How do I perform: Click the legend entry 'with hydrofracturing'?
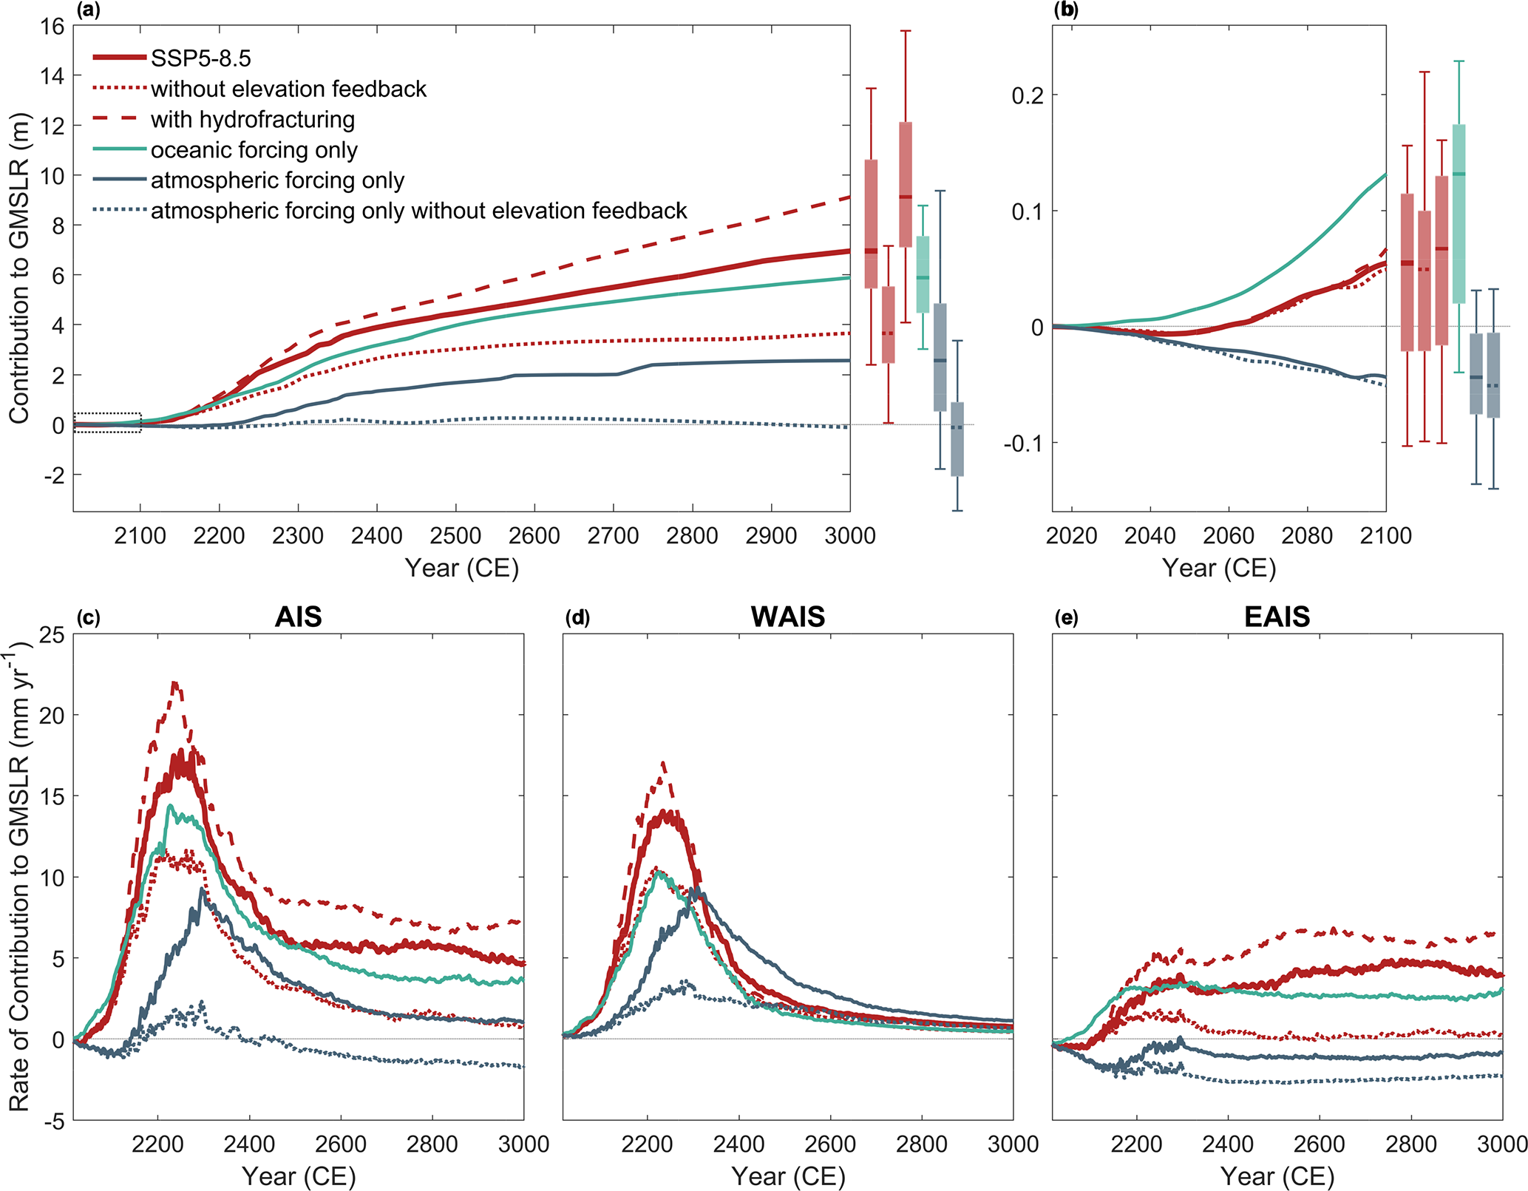[252, 119]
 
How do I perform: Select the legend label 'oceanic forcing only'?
[254, 150]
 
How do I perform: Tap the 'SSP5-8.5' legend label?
[200, 58]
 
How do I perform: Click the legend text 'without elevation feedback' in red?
[288, 89]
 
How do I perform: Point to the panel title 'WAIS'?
[787, 617]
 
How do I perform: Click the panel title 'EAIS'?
[1277, 617]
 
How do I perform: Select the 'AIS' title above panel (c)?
[298, 617]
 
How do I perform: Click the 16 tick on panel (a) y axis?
[52, 27]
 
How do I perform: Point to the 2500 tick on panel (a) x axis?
[455, 535]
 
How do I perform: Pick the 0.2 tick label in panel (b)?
[1028, 95]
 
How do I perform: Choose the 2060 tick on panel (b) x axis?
[1229, 535]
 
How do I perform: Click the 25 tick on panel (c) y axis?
[52, 634]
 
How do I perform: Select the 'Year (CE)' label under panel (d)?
[788, 1175]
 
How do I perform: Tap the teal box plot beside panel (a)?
[923, 274]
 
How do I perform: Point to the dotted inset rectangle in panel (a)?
[107, 423]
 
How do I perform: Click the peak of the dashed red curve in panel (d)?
[663, 762]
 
